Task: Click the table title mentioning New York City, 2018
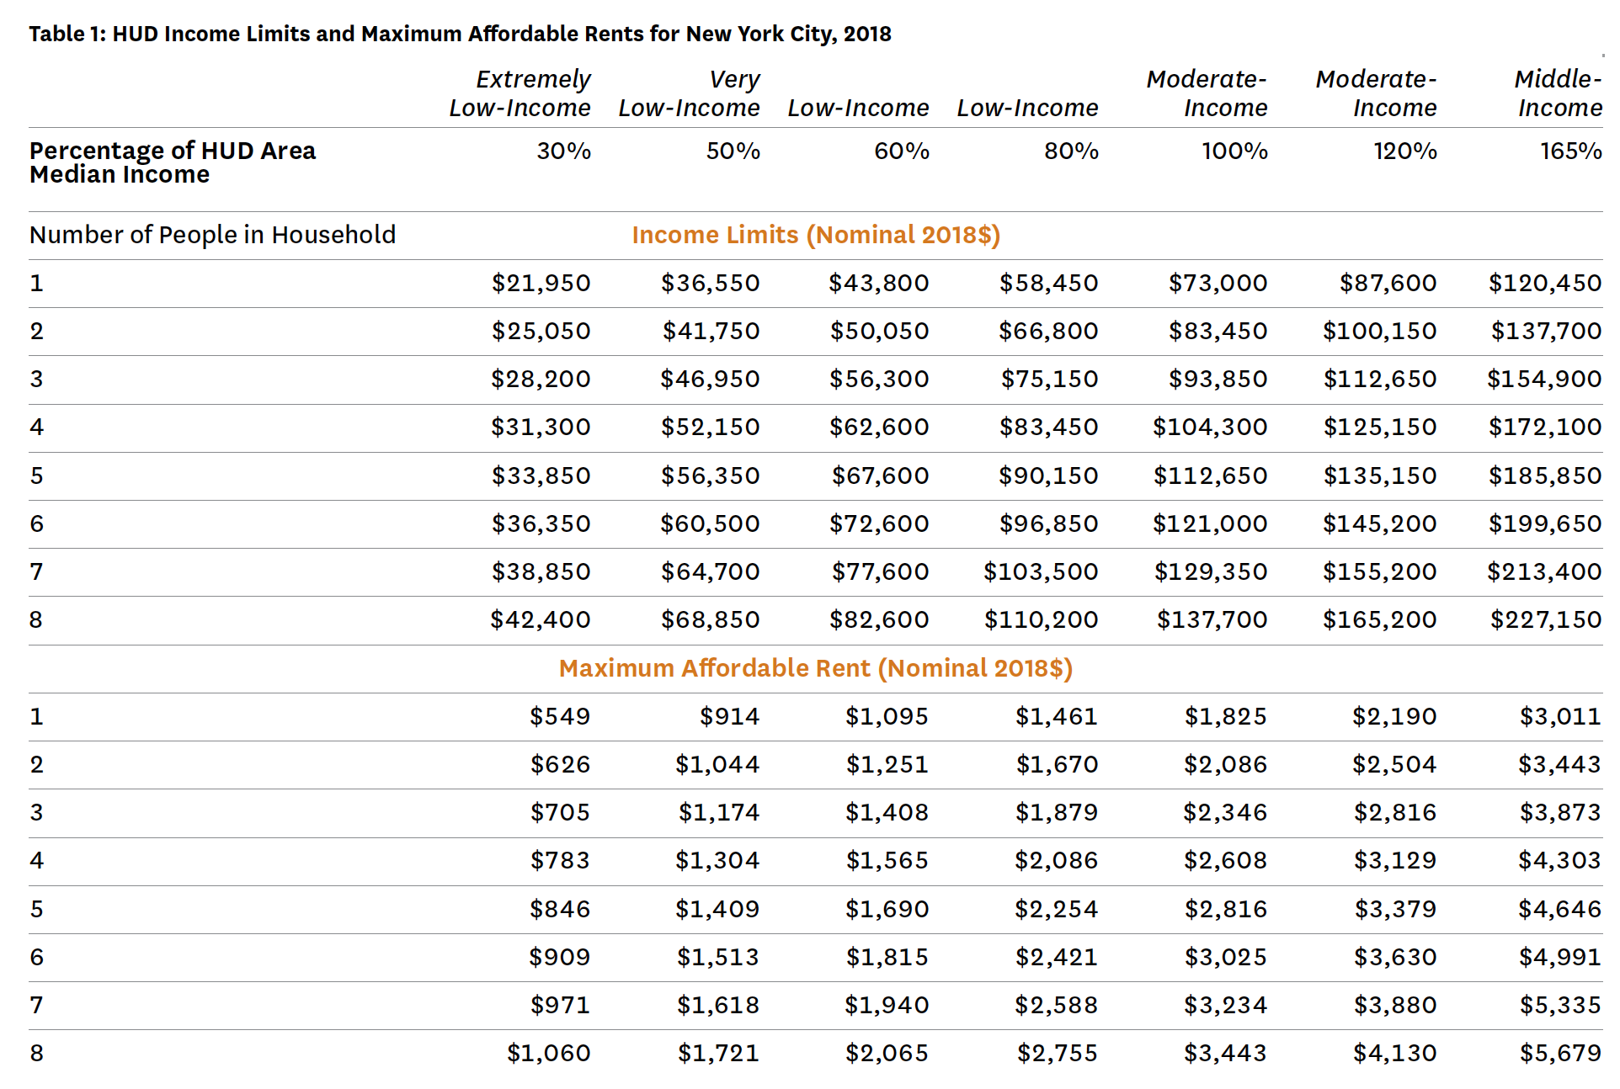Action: pos(460,34)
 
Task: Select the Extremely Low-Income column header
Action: pos(520,93)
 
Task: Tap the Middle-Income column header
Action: pos(1559,93)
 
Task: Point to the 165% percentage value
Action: pos(1571,151)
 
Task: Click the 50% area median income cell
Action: pos(733,151)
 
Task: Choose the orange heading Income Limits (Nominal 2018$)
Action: pos(816,235)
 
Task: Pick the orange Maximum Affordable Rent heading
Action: pos(816,668)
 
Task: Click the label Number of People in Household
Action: pos(212,235)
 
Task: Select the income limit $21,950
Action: pos(541,283)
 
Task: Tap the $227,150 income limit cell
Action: pos(1546,620)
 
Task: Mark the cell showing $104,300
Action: pos(1210,428)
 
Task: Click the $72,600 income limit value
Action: pos(879,524)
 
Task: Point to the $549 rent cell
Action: pos(560,716)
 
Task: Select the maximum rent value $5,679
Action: pos(1560,1053)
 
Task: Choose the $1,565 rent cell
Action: pos(887,860)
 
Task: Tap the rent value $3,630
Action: pos(1394,957)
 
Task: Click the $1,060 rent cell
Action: pos(548,1053)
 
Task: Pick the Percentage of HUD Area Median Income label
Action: pos(173,162)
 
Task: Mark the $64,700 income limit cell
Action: pos(710,572)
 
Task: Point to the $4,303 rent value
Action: pos(1559,860)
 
